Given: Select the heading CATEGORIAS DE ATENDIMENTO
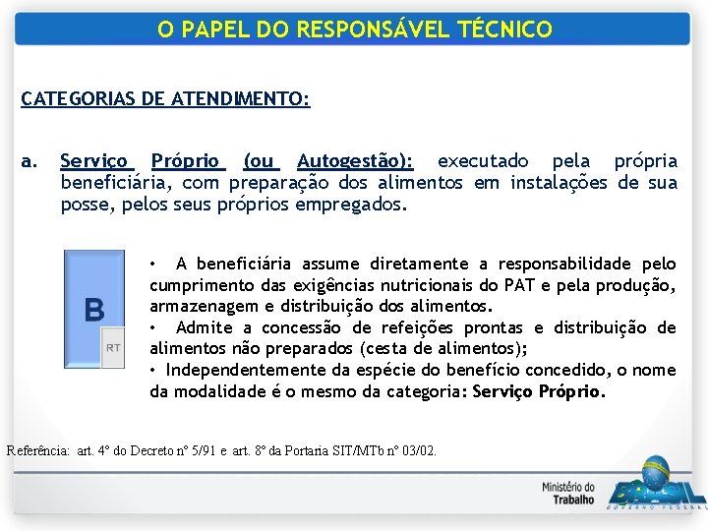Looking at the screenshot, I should click(x=165, y=99).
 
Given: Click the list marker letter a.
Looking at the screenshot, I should click(x=29, y=160).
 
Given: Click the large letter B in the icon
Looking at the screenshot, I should click(x=93, y=311).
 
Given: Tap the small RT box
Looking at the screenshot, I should click(x=113, y=347).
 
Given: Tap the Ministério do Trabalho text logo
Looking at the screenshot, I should click(x=567, y=493).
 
